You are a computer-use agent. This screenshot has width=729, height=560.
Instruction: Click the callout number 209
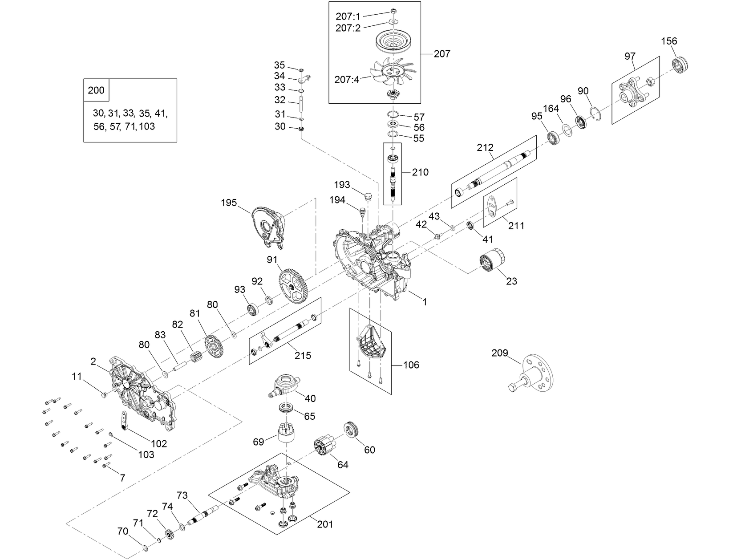click(500, 353)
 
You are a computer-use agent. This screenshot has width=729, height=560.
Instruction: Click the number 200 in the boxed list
click(96, 90)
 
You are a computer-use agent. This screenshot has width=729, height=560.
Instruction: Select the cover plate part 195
click(270, 227)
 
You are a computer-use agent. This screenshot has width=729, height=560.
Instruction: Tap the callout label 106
click(411, 365)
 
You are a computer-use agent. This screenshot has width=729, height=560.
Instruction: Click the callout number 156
click(669, 41)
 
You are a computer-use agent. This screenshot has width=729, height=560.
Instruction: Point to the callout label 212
click(485, 147)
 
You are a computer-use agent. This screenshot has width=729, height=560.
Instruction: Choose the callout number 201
click(325, 524)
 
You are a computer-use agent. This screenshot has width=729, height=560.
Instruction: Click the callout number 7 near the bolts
click(122, 478)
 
